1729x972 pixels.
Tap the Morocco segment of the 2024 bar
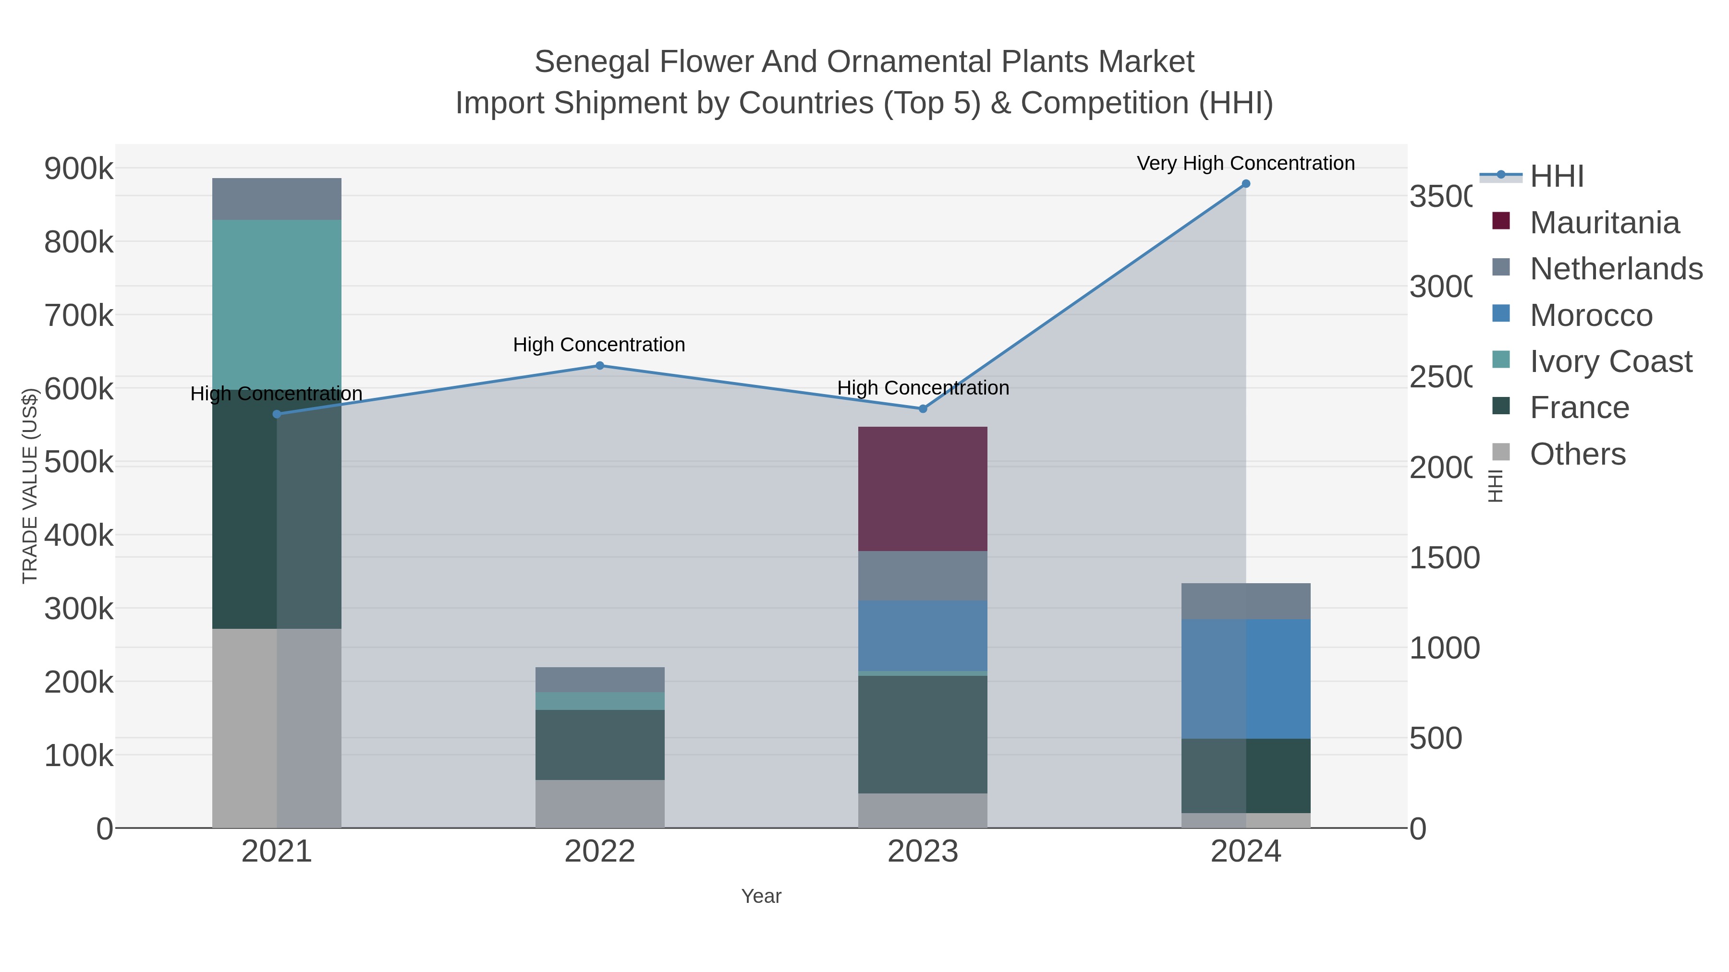(x=1246, y=678)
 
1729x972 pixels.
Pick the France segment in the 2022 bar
(x=599, y=744)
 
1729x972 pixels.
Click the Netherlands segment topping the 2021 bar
(x=277, y=199)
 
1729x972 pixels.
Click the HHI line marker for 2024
(x=1246, y=184)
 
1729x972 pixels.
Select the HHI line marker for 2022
(x=599, y=366)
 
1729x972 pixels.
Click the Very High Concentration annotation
(x=1246, y=163)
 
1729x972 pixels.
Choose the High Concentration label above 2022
(x=599, y=345)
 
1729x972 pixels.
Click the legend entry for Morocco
(x=1591, y=315)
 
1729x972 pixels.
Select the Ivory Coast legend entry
(x=1611, y=361)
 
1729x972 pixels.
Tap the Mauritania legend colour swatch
(x=1501, y=221)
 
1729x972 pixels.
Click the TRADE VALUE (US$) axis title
(x=30, y=486)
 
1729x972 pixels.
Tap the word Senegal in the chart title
(x=593, y=62)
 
